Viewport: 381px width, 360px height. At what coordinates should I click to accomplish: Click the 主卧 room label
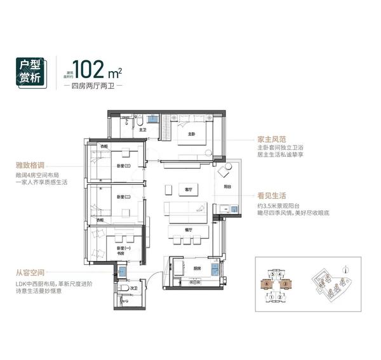click(x=190, y=134)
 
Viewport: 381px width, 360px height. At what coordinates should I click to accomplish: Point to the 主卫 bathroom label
click(x=143, y=130)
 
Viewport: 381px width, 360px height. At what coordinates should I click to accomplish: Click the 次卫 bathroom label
click(x=133, y=288)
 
